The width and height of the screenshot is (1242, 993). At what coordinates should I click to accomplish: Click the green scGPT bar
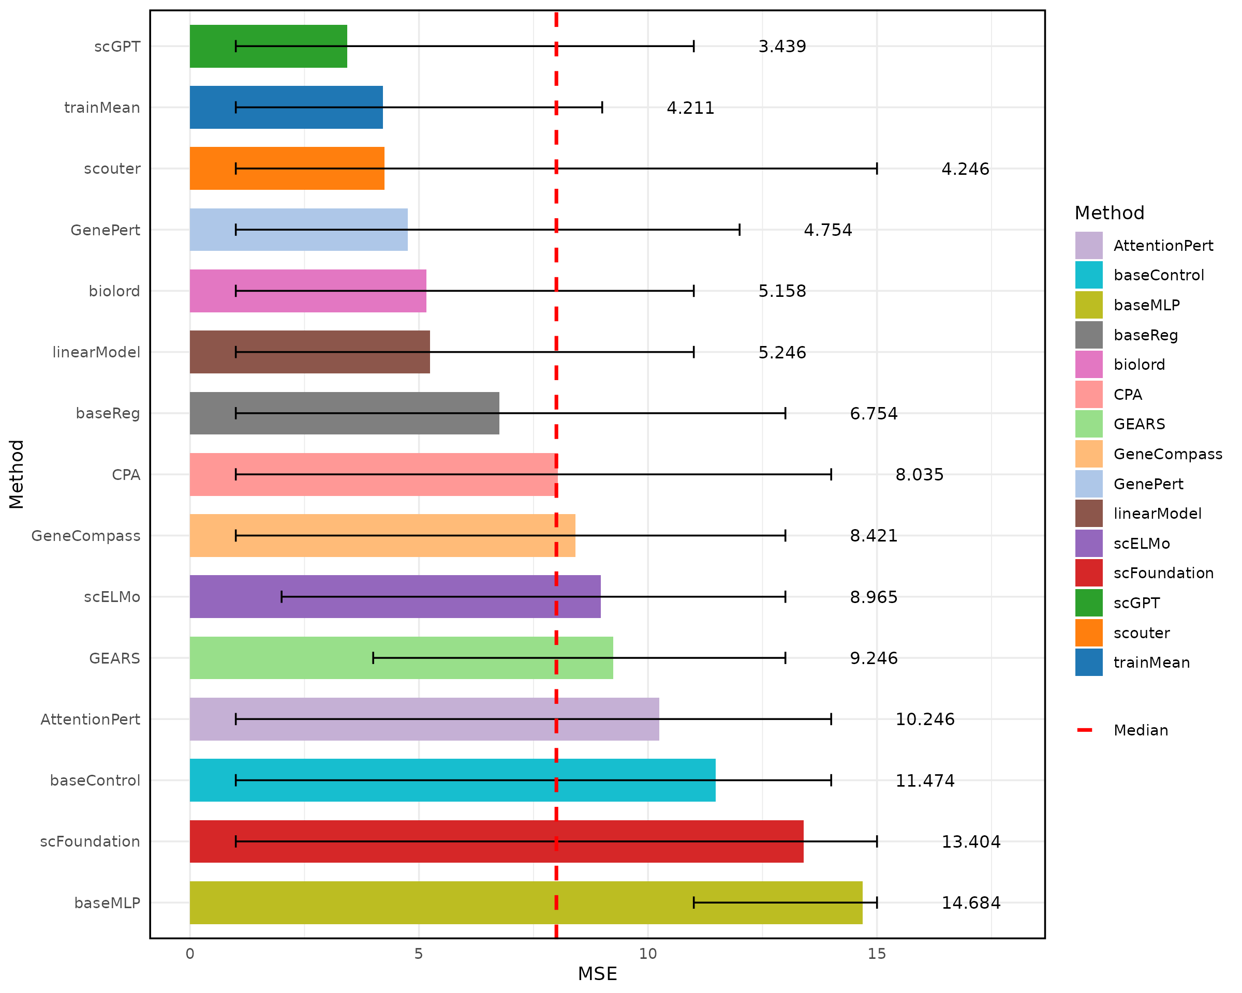point(268,46)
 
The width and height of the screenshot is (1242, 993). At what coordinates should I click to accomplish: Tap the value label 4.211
point(690,108)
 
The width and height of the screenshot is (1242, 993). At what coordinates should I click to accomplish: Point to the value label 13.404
point(971,841)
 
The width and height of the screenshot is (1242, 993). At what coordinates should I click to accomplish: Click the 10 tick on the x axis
point(647,954)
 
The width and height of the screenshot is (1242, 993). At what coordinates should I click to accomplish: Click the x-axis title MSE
point(597,974)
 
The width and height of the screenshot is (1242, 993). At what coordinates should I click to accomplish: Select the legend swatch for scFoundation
point(1088,573)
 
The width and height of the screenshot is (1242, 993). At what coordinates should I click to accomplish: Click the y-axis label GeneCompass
point(85,536)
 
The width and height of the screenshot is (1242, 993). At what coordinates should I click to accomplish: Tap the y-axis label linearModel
point(96,352)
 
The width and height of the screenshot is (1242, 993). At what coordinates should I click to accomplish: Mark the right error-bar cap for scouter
point(876,169)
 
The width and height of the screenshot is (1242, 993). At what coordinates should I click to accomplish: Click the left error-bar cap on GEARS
point(373,658)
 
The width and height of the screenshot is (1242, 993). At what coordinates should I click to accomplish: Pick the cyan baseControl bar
point(452,780)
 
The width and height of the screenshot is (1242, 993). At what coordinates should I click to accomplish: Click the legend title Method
point(1109,213)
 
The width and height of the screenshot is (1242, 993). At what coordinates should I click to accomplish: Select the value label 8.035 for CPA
point(919,474)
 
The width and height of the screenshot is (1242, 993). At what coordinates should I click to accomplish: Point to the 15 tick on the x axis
point(876,954)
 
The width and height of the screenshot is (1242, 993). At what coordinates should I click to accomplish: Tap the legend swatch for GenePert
point(1088,484)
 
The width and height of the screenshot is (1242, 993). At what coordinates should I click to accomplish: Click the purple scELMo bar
point(395,596)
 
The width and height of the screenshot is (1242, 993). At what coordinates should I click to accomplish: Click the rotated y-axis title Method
point(16,474)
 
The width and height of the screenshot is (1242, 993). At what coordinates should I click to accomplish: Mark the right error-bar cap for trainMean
point(601,108)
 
